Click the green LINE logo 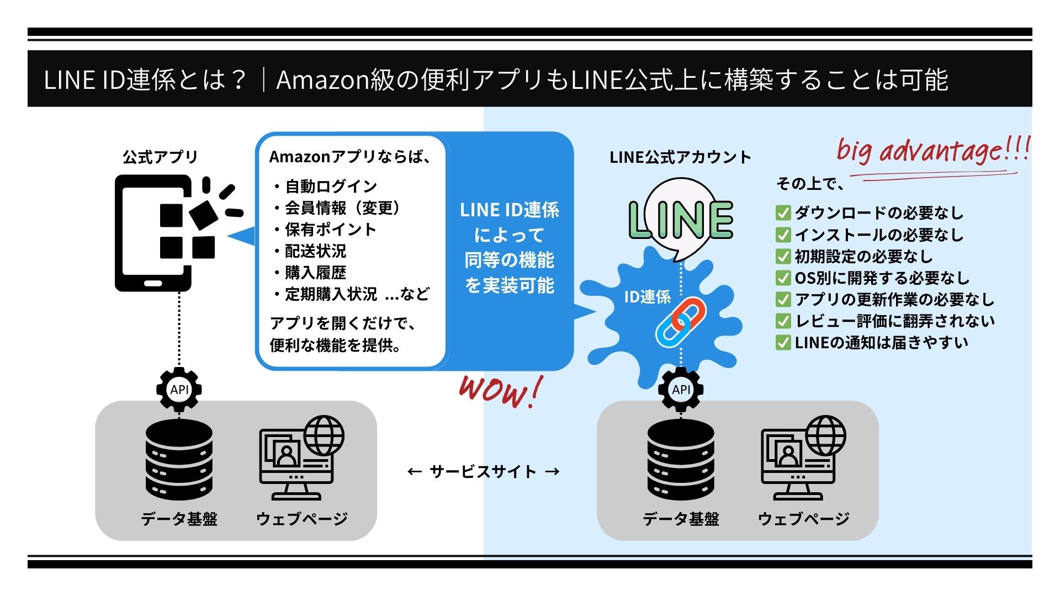click(x=681, y=220)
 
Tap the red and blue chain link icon click(x=680, y=323)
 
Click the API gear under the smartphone click(x=179, y=390)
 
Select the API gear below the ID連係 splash click(x=681, y=390)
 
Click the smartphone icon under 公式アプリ click(x=153, y=233)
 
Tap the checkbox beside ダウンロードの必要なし click(x=783, y=213)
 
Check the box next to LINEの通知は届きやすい click(x=783, y=343)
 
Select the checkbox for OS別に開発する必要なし click(x=783, y=278)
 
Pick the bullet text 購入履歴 click(x=315, y=273)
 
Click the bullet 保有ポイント click(x=330, y=230)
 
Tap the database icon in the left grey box click(x=179, y=460)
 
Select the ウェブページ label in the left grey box click(x=302, y=519)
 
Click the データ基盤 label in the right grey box click(x=681, y=519)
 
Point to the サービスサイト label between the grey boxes click(x=483, y=472)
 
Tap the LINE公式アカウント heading click(x=680, y=157)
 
